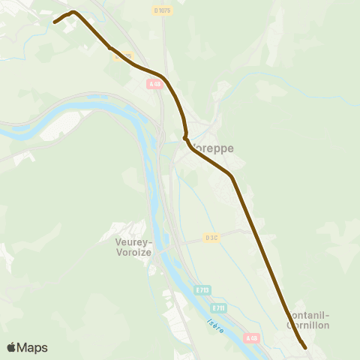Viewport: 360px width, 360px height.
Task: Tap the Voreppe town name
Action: pos(211,148)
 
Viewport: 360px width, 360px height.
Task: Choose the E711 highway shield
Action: pos(218,307)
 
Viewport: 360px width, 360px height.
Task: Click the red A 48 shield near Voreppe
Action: pos(155,85)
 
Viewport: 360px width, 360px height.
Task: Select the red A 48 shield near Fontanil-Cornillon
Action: pos(252,338)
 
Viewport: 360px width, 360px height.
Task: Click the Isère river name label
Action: pos(216,327)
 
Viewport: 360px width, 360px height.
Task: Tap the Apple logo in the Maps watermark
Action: pos(12,347)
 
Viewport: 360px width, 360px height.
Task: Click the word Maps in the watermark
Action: pos(32,347)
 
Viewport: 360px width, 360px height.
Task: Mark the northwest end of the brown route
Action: pos(55,22)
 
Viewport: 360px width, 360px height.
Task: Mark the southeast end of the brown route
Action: pos(306,347)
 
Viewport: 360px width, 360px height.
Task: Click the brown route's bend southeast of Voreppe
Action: pos(232,177)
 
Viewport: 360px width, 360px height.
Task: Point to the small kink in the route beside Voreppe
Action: pos(184,137)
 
